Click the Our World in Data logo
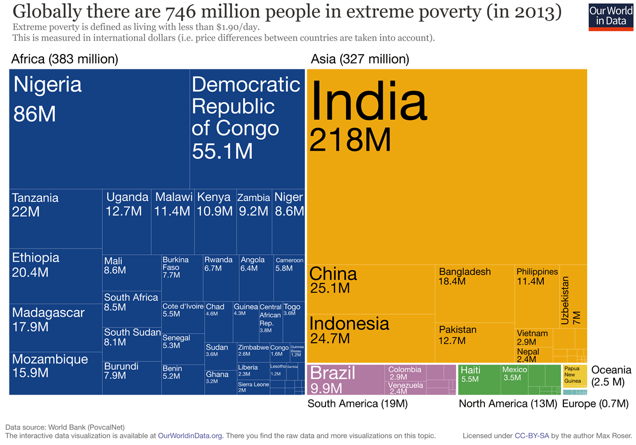pos(611,16)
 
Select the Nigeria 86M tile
pos(100,127)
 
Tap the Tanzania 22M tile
pos(56,218)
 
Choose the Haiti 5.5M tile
pos(479,379)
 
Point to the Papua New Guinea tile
pos(575,375)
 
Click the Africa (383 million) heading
pos(65,59)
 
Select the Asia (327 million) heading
pos(360,59)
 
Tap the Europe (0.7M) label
pos(595,404)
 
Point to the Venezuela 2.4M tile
pos(406,388)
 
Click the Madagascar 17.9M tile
pos(56,327)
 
